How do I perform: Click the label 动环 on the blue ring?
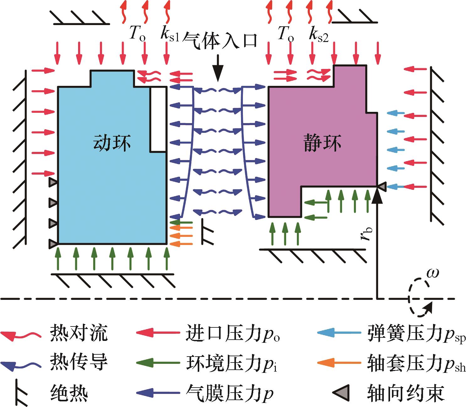click(x=112, y=143)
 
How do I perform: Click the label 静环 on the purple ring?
click(x=322, y=143)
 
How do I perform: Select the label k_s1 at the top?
click(x=169, y=34)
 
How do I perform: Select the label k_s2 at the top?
click(x=318, y=34)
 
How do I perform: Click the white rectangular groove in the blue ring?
click(x=158, y=119)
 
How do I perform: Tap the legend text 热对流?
click(x=78, y=333)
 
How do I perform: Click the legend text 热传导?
click(x=78, y=363)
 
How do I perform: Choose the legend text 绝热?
click(x=69, y=392)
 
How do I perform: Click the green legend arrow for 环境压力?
click(x=158, y=363)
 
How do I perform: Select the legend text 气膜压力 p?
click(x=229, y=393)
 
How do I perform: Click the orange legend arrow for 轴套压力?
click(x=339, y=363)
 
